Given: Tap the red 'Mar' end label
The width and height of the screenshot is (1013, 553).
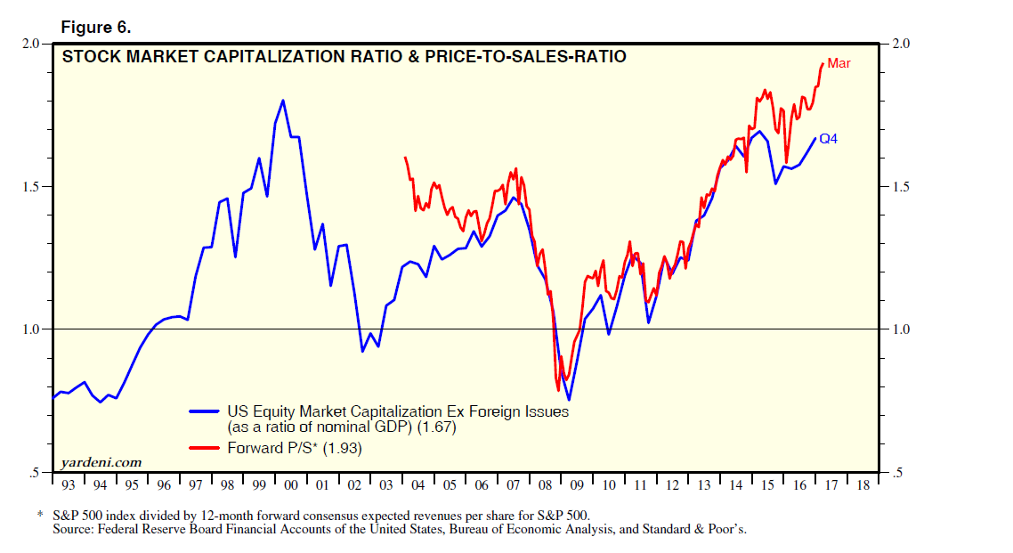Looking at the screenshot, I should pyautogui.click(x=839, y=63).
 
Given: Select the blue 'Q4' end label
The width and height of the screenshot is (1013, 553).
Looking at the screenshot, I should pyautogui.click(x=828, y=139).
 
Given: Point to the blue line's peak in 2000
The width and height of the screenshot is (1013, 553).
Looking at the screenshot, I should pyautogui.click(x=283, y=101).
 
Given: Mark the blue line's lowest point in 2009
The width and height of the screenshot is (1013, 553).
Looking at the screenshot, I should pyautogui.click(x=569, y=400).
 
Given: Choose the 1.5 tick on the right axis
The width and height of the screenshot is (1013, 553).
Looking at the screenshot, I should pyautogui.click(x=901, y=187).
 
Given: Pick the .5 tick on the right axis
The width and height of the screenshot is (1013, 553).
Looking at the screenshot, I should pyautogui.click(x=897, y=473).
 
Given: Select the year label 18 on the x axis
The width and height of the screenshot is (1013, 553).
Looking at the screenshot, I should pyautogui.click(x=862, y=486).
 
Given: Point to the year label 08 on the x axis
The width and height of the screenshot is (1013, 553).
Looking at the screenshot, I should pyautogui.click(x=545, y=486).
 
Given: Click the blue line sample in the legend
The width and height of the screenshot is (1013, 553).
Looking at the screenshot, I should pyautogui.click(x=207, y=411).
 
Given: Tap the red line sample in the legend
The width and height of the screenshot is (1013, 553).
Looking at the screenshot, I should pyautogui.click(x=207, y=449).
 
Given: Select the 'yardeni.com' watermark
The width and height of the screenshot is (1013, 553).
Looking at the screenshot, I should pyautogui.click(x=101, y=462).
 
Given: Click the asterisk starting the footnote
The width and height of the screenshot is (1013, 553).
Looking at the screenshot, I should pyautogui.click(x=39, y=516).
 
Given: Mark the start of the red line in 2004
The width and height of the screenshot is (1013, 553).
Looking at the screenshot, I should pyautogui.click(x=405, y=158).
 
